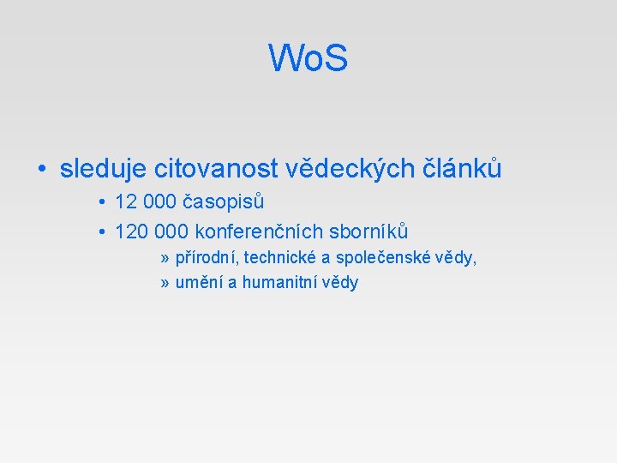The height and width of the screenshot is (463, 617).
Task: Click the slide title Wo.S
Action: click(x=308, y=58)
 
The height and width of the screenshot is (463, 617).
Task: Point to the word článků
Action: click(x=464, y=169)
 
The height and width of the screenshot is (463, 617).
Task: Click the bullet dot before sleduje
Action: click(x=41, y=170)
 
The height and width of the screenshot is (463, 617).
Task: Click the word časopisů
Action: click(x=223, y=202)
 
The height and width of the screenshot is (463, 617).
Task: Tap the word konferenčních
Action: click(x=260, y=231)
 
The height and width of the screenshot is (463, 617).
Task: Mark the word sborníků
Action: click(x=369, y=231)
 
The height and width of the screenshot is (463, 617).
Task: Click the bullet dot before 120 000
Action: click(x=101, y=232)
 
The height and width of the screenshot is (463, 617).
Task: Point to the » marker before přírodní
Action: click(x=165, y=258)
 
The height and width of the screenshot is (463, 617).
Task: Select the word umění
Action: click(x=199, y=282)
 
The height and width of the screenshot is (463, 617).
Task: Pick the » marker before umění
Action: click(x=165, y=283)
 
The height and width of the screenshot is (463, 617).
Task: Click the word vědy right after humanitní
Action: click(x=340, y=282)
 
